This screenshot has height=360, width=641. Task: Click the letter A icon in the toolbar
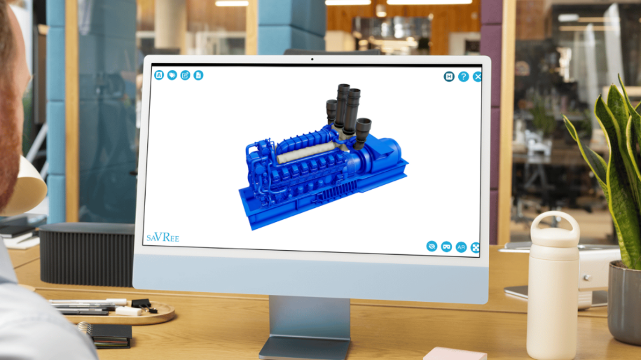pos(159,75)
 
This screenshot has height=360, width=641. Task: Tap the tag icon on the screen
pos(172,75)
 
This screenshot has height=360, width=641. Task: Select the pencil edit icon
pos(185,75)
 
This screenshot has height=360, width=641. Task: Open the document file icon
pos(198,75)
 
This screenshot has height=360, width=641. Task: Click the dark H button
pos(449,76)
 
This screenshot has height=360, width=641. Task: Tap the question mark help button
pos(463,76)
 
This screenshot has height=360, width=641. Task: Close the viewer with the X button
pos(477,77)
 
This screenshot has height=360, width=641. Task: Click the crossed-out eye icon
pos(432,246)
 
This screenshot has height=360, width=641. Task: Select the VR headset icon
pos(446,247)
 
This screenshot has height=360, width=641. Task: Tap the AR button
pos(461,247)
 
